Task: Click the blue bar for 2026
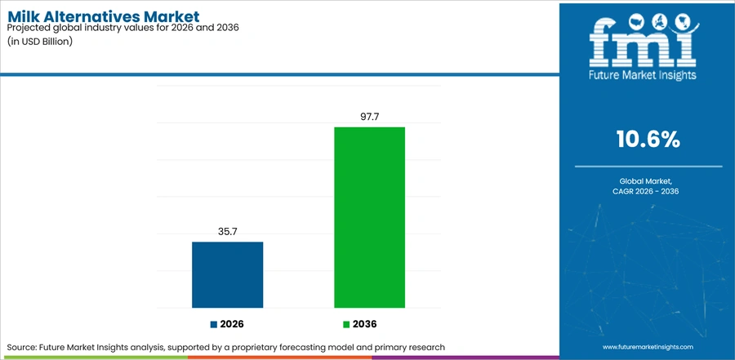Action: [227, 274]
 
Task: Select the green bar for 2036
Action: [369, 217]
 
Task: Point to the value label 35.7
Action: [227, 232]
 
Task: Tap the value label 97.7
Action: [369, 117]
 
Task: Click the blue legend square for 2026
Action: [214, 324]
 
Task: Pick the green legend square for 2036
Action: [346, 324]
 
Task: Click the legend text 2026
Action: [232, 324]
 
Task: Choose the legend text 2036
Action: [365, 324]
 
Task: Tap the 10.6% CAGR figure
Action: [648, 140]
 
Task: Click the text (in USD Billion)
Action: [39, 41]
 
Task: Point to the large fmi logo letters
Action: [643, 43]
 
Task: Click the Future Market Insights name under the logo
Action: [643, 75]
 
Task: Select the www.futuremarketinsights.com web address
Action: [648, 347]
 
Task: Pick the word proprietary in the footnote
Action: [274, 348]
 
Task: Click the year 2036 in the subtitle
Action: [229, 28]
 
